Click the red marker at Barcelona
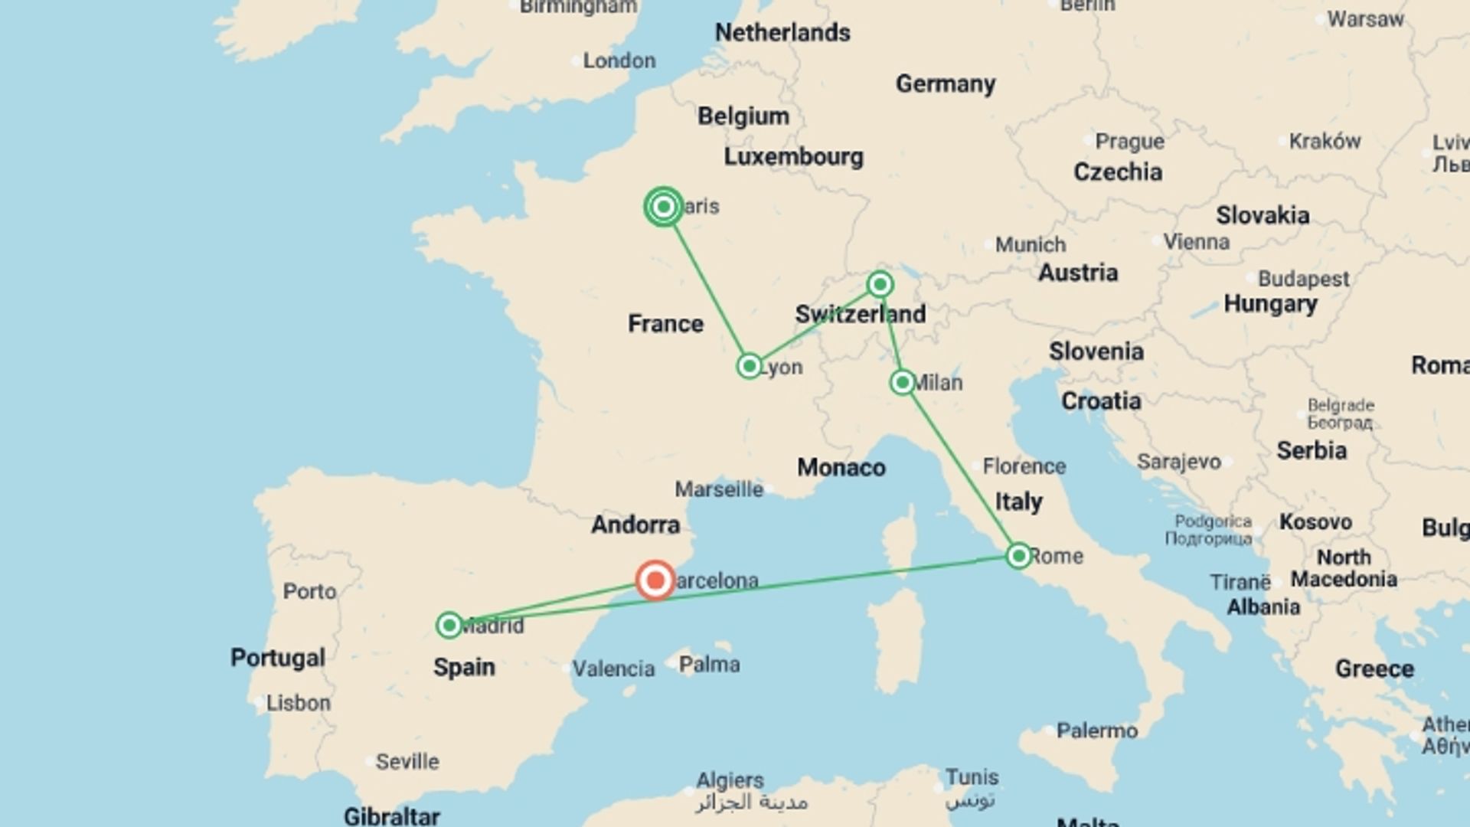(x=655, y=580)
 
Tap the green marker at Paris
(x=664, y=207)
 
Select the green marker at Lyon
(x=750, y=366)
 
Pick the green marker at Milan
(x=903, y=382)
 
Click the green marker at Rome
(x=1019, y=555)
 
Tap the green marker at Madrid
(x=449, y=626)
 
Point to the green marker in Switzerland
(x=880, y=285)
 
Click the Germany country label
(x=946, y=83)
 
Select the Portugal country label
(x=278, y=658)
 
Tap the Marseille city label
(x=719, y=489)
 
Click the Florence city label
(x=1024, y=466)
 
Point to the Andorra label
(x=635, y=525)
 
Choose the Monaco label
(x=841, y=468)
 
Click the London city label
(x=619, y=60)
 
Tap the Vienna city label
(x=1196, y=242)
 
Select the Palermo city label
(x=1096, y=731)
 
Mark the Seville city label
(x=407, y=762)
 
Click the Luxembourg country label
(x=793, y=157)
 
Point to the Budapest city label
(x=1303, y=279)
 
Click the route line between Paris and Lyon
(x=707, y=286)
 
